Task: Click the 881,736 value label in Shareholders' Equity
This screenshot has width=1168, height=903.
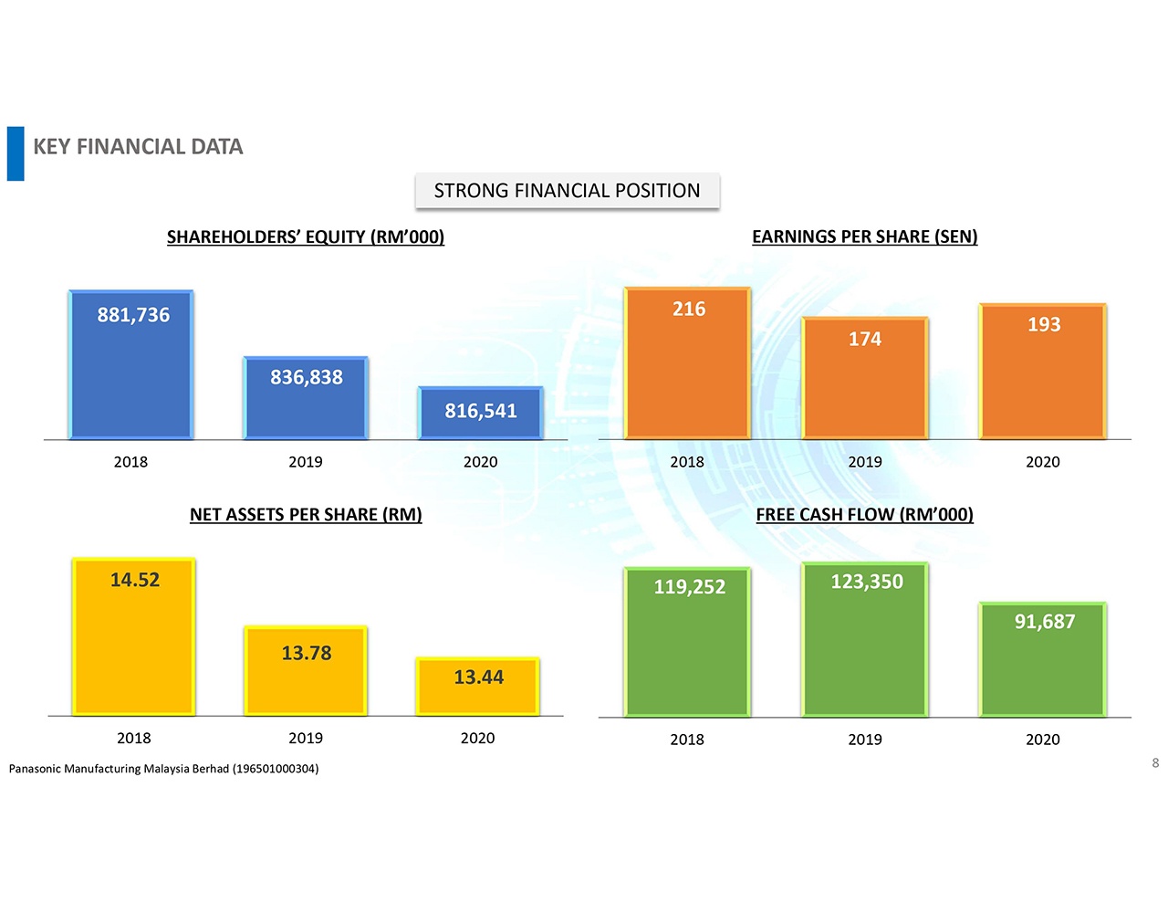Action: click(133, 315)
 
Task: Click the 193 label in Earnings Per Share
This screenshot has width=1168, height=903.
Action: click(1044, 324)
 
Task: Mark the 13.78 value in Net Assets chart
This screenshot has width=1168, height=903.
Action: click(307, 653)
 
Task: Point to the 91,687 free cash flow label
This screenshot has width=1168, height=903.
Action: click(1045, 622)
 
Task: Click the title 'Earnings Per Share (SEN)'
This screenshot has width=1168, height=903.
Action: click(864, 236)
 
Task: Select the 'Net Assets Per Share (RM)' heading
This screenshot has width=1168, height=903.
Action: click(306, 515)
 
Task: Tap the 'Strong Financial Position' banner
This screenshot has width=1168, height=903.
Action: click(567, 191)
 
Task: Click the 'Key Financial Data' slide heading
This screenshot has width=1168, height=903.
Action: click(138, 147)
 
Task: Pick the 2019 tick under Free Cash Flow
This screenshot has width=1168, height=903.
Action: click(865, 740)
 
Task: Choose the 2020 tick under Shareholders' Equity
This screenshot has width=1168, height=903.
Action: click(481, 462)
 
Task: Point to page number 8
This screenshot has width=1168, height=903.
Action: click(1155, 763)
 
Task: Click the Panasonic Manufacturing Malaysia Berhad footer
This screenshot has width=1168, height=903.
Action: click(164, 769)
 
